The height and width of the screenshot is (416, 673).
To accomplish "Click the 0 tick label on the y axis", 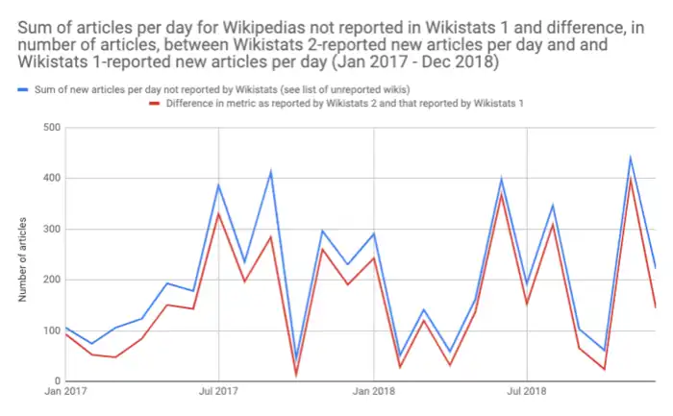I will pyautogui.click(x=56, y=381).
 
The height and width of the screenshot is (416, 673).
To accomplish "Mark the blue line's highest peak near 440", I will pyautogui.click(x=631, y=158).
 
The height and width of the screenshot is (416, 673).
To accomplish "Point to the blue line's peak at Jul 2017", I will pyautogui.click(x=218, y=184).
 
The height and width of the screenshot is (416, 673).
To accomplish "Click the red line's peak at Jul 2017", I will pyautogui.click(x=218, y=213).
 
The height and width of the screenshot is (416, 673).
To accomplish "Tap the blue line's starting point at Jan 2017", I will pyautogui.click(x=64, y=328).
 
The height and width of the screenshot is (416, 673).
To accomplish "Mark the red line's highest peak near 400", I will pyautogui.click(x=631, y=178).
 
